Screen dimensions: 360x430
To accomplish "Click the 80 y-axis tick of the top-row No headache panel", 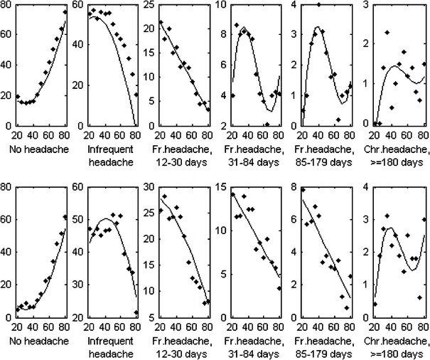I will [x=7, y=5].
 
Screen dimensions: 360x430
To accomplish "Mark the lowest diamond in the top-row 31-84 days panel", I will [x=267, y=125].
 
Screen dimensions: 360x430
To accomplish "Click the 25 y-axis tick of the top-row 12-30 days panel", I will [x=150, y=5].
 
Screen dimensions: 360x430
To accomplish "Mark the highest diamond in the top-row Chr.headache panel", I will [x=387, y=33].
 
